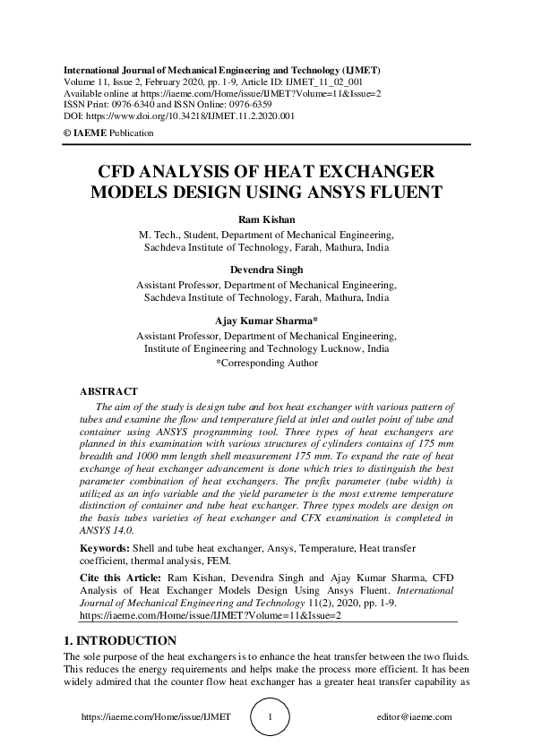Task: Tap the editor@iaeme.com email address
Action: coord(415,717)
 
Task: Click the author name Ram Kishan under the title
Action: coord(266,218)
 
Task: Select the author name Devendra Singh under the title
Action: coord(266,270)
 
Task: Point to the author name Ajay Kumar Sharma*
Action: coord(266,321)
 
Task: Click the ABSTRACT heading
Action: coord(108,391)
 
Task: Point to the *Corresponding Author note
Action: coord(267,364)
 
